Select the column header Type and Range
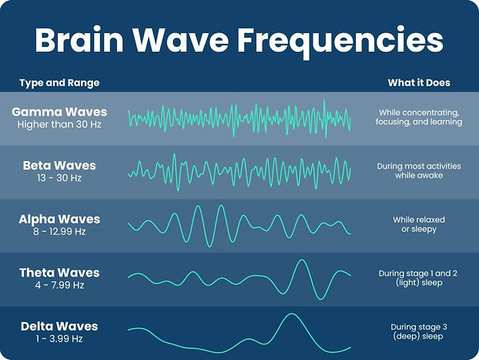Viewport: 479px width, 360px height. [x=59, y=82]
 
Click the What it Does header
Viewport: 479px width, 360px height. [x=420, y=82]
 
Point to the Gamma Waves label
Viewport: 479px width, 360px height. [x=59, y=113]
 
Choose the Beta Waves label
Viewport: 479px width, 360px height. [x=59, y=166]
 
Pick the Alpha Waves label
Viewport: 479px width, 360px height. [x=59, y=219]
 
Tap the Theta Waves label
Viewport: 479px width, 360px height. [x=59, y=273]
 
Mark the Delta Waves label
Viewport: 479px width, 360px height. [x=59, y=327]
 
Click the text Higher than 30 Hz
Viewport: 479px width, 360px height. [x=59, y=125]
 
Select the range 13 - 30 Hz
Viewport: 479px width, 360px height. [x=59, y=178]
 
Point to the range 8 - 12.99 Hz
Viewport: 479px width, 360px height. [x=59, y=231]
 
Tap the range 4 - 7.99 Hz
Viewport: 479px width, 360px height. [x=59, y=285]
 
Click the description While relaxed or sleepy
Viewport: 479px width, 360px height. [x=419, y=224]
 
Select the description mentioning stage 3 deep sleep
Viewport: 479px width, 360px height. [x=419, y=331]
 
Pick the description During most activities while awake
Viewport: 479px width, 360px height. [x=419, y=170]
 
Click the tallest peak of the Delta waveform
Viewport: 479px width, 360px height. [x=290, y=315]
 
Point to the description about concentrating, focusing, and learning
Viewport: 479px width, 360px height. [x=419, y=117]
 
